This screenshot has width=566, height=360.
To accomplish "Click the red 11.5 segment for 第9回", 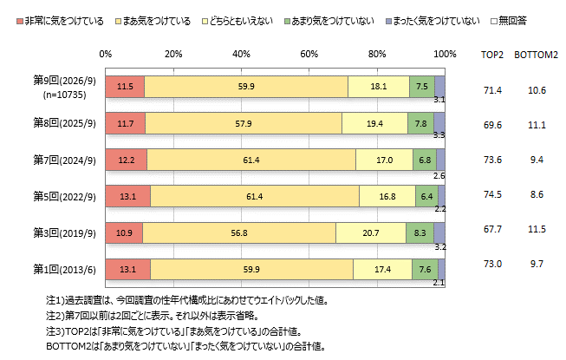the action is coord(125,87).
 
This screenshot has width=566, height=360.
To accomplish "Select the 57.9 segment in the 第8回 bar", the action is coord(244,123).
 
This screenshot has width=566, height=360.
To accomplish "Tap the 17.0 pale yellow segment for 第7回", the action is coord(385,160).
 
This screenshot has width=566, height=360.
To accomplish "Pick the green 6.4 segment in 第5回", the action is coord(426,196).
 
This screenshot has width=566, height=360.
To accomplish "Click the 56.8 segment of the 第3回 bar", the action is coord(239,232).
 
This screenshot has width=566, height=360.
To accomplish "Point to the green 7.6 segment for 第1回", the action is coord(426,270).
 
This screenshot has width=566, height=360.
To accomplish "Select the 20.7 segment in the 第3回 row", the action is coord(371,232).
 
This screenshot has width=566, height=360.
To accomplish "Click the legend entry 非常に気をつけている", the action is coord(61,22).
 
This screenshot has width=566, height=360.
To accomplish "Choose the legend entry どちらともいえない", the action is coord(237,22).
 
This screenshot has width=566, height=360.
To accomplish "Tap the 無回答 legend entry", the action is coord(509,21).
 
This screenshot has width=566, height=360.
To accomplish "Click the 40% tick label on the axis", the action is coord(241,54).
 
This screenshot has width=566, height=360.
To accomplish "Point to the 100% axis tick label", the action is coord(445,54).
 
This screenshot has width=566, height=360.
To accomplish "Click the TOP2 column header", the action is coord(492,55).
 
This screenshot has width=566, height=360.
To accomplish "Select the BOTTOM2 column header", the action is coord(536,55).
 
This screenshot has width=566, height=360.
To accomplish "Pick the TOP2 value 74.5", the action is coord(492,194).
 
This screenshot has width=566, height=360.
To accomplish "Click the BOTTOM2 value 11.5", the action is coord(537,229).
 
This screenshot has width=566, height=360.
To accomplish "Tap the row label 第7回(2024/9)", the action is coord(65,160).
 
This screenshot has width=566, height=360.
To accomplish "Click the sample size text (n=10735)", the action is coord(65,95).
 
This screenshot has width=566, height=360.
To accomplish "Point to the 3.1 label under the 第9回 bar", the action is coord(439,100).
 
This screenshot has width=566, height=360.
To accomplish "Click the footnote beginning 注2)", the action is coord(153,316).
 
